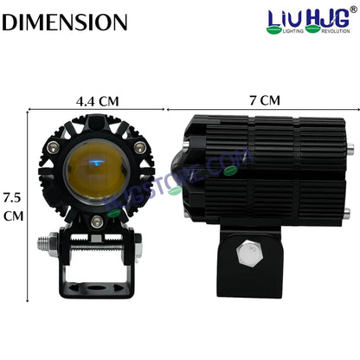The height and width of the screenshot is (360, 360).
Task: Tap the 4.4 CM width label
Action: tap(97, 100)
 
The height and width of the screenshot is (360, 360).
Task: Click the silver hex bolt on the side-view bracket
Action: tap(249, 251)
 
